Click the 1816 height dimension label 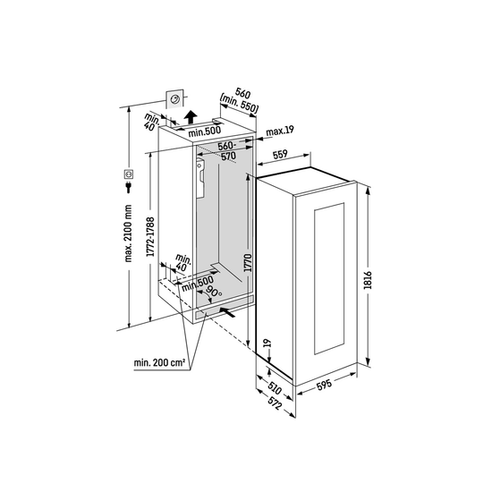368,280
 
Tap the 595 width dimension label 324,385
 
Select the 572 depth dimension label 275,403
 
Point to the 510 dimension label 275,388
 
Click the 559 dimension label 280,155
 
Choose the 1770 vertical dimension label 248,263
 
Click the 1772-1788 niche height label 150,237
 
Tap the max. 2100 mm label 128,233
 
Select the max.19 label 280,131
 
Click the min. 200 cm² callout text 159,362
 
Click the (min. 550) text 239,104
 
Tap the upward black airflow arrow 191,117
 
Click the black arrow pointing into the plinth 227,312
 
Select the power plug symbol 128,187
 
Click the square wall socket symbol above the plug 129,174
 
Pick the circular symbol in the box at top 174,99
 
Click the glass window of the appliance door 329,278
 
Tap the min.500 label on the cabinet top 205,131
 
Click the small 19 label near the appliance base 267,343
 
